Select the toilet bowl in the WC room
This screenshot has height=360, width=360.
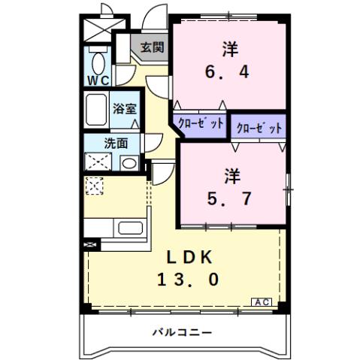(98, 59)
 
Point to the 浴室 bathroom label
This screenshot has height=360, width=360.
(124, 108)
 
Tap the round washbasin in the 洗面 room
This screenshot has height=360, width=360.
(128, 162)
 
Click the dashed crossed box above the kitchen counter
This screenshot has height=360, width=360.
(94, 185)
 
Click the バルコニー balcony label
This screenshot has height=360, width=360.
(181, 331)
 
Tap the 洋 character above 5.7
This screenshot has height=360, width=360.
(231, 176)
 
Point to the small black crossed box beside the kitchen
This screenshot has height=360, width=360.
(90, 244)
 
